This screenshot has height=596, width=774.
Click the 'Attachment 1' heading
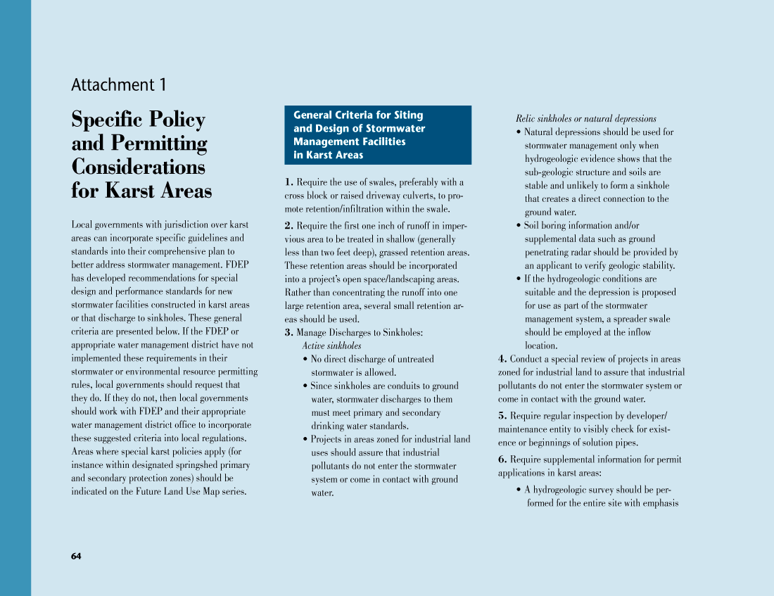119,85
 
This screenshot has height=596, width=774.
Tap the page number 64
76,556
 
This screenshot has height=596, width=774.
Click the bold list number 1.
289,182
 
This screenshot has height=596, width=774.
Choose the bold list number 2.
289,226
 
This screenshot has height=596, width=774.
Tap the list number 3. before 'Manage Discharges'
289,332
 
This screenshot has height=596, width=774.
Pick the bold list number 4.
502,359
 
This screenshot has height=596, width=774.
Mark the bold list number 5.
502,416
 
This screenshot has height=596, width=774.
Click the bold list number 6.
502,459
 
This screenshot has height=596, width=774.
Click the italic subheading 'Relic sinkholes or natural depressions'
585,119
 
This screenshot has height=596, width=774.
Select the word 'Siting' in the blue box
408,115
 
